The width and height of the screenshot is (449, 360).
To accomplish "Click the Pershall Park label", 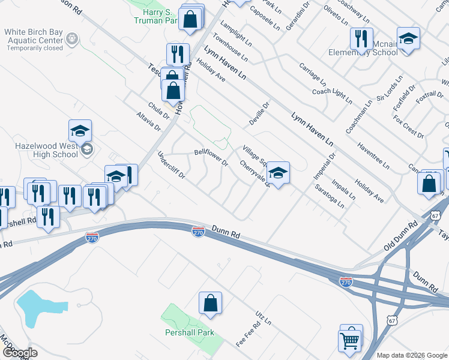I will point(190,332).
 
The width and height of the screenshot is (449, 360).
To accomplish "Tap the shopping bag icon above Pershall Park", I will point(211,304).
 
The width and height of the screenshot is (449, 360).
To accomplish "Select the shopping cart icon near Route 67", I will point(350,340).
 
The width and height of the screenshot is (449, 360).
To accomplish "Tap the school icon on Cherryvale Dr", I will point(278,174).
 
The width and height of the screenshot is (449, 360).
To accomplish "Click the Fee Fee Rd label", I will point(248,334).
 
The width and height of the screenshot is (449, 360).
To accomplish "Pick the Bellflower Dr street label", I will point(211,158).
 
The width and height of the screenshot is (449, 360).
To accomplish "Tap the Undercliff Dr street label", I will point(171,166).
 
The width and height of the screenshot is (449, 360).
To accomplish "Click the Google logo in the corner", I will point(20,353).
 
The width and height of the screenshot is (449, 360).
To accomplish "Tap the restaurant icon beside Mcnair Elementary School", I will point(361,40).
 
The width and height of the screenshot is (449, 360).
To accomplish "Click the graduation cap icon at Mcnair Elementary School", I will point(408,39).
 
